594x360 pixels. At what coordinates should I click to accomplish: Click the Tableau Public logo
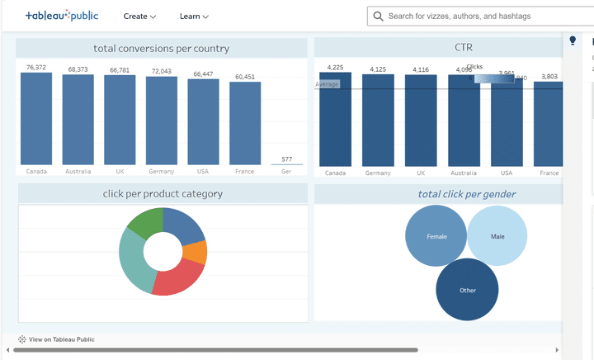pyautogui.click(x=62, y=16)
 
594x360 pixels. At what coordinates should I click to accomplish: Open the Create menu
pyautogui.click(x=139, y=16)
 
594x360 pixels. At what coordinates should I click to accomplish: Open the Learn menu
pyautogui.click(x=194, y=16)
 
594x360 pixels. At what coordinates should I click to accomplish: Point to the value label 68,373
pyautogui.click(x=78, y=69)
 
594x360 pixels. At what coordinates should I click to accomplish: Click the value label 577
pyautogui.click(x=286, y=159)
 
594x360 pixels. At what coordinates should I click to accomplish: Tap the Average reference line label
pyautogui.click(x=328, y=84)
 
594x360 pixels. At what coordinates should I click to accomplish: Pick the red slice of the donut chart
pyautogui.click(x=177, y=279)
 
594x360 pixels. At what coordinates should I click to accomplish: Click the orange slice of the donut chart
pyautogui.click(x=196, y=252)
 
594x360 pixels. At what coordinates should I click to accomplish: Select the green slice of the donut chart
pyautogui.click(x=146, y=222)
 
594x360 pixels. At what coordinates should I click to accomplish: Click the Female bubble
pyautogui.click(x=436, y=236)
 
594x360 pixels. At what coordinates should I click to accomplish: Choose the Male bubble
pyautogui.click(x=497, y=236)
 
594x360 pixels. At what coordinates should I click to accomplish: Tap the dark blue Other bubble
pyautogui.click(x=467, y=290)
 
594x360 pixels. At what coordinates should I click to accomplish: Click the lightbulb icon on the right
pyautogui.click(x=573, y=40)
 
